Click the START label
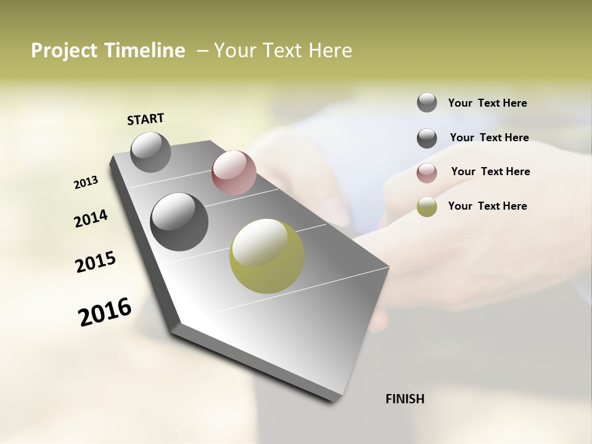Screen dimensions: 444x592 coord(146,119)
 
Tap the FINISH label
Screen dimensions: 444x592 coord(405,399)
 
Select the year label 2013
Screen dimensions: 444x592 coord(86,183)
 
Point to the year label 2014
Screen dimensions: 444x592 coord(91,219)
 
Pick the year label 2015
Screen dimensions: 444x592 coord(96,262)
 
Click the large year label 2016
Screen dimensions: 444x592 coord(105,311)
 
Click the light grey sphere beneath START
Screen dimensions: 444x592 coord(151,152)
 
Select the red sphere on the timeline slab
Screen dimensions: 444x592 coord(234,173)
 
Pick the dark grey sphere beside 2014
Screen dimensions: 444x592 coord(179,222)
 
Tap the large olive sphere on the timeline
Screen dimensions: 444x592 coord(267,257)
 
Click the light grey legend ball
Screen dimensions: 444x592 coord(427,103)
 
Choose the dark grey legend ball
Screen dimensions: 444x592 coord(427,138)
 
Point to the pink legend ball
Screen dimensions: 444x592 coord(427,173)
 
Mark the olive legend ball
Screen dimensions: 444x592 coord(427,207)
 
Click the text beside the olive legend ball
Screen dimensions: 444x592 coord(487,206)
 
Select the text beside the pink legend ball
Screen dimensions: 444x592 coord(490,171)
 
